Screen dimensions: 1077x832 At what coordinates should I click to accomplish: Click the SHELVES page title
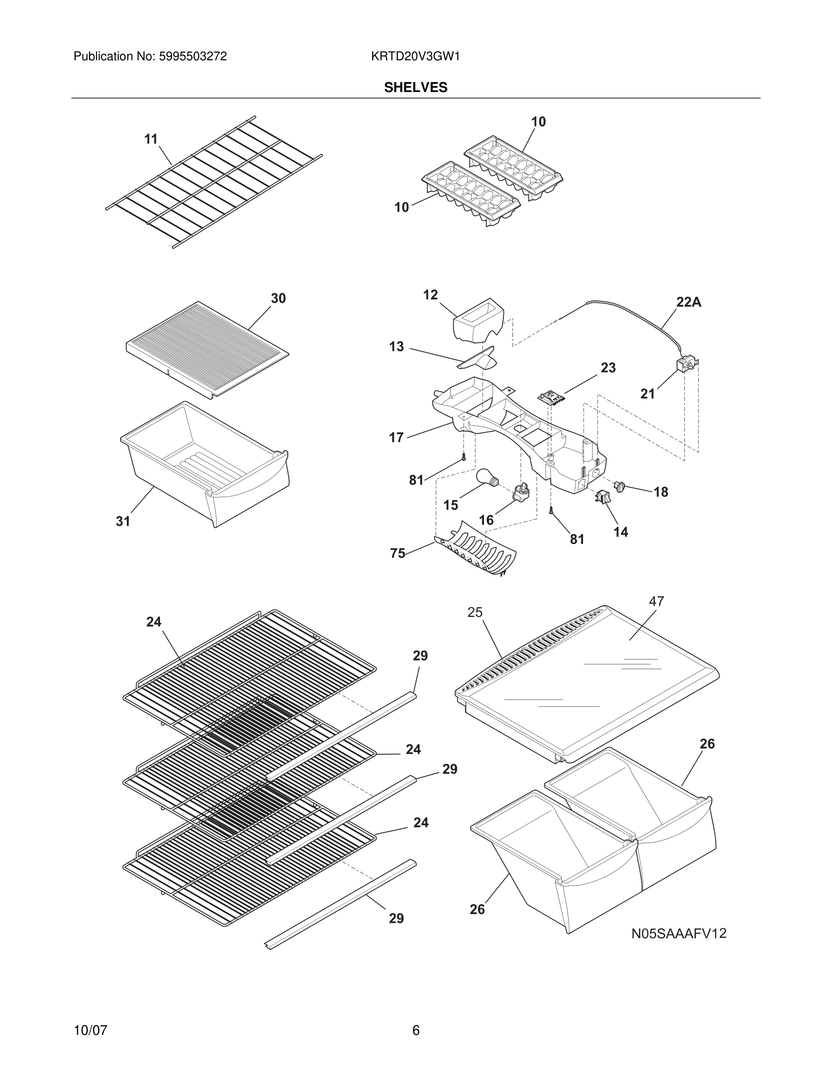pyautogui.click(x=416, y=87)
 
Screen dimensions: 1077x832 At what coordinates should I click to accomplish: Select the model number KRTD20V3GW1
pyautogui.click(x=415, y=57)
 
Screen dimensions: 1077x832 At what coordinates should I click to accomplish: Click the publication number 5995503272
pyautogui.click(x=192, y=57)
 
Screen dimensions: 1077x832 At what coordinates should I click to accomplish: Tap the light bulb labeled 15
pyautogui.click(x=487, y=477)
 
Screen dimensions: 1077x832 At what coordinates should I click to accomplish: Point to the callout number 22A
pyautogui.click(x=688, y=302)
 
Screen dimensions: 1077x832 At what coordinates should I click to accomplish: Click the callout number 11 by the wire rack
pyautogui.click(x=151, y=139)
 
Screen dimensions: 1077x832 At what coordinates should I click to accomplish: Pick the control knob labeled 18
pyautogui.click(x=619, y=487)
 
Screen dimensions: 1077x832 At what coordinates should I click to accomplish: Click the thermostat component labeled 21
pyautogui.click(x=685, y=364)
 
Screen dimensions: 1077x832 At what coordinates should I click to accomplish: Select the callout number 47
pyautogui.click(x=656, y=601)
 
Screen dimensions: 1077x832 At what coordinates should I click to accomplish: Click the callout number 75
pyautogui.click(x=397, y=553)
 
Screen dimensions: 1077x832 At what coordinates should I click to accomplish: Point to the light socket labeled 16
pyautogui.click(x=522, y=492)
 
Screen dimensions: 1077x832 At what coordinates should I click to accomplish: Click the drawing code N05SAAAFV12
pyautogui.click(x=679, y=933)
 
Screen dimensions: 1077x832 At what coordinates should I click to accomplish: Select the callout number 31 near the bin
pyautogui.click(x=123, y=521)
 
